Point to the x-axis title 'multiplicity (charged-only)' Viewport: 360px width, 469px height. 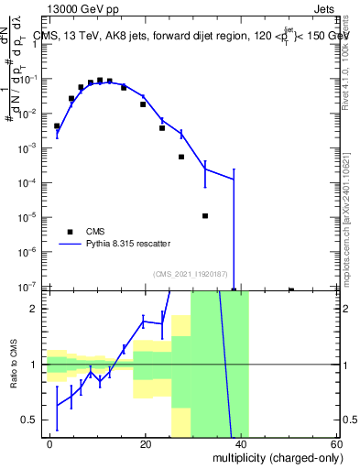click(x=273, y=456)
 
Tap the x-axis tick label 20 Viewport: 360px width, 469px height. click(x=146, y=443)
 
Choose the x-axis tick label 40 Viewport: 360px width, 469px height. click(x=242, y=443)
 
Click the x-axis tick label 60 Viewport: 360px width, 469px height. click(x=337, y=443)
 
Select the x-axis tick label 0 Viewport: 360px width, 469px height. click(x=50, y=443)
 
